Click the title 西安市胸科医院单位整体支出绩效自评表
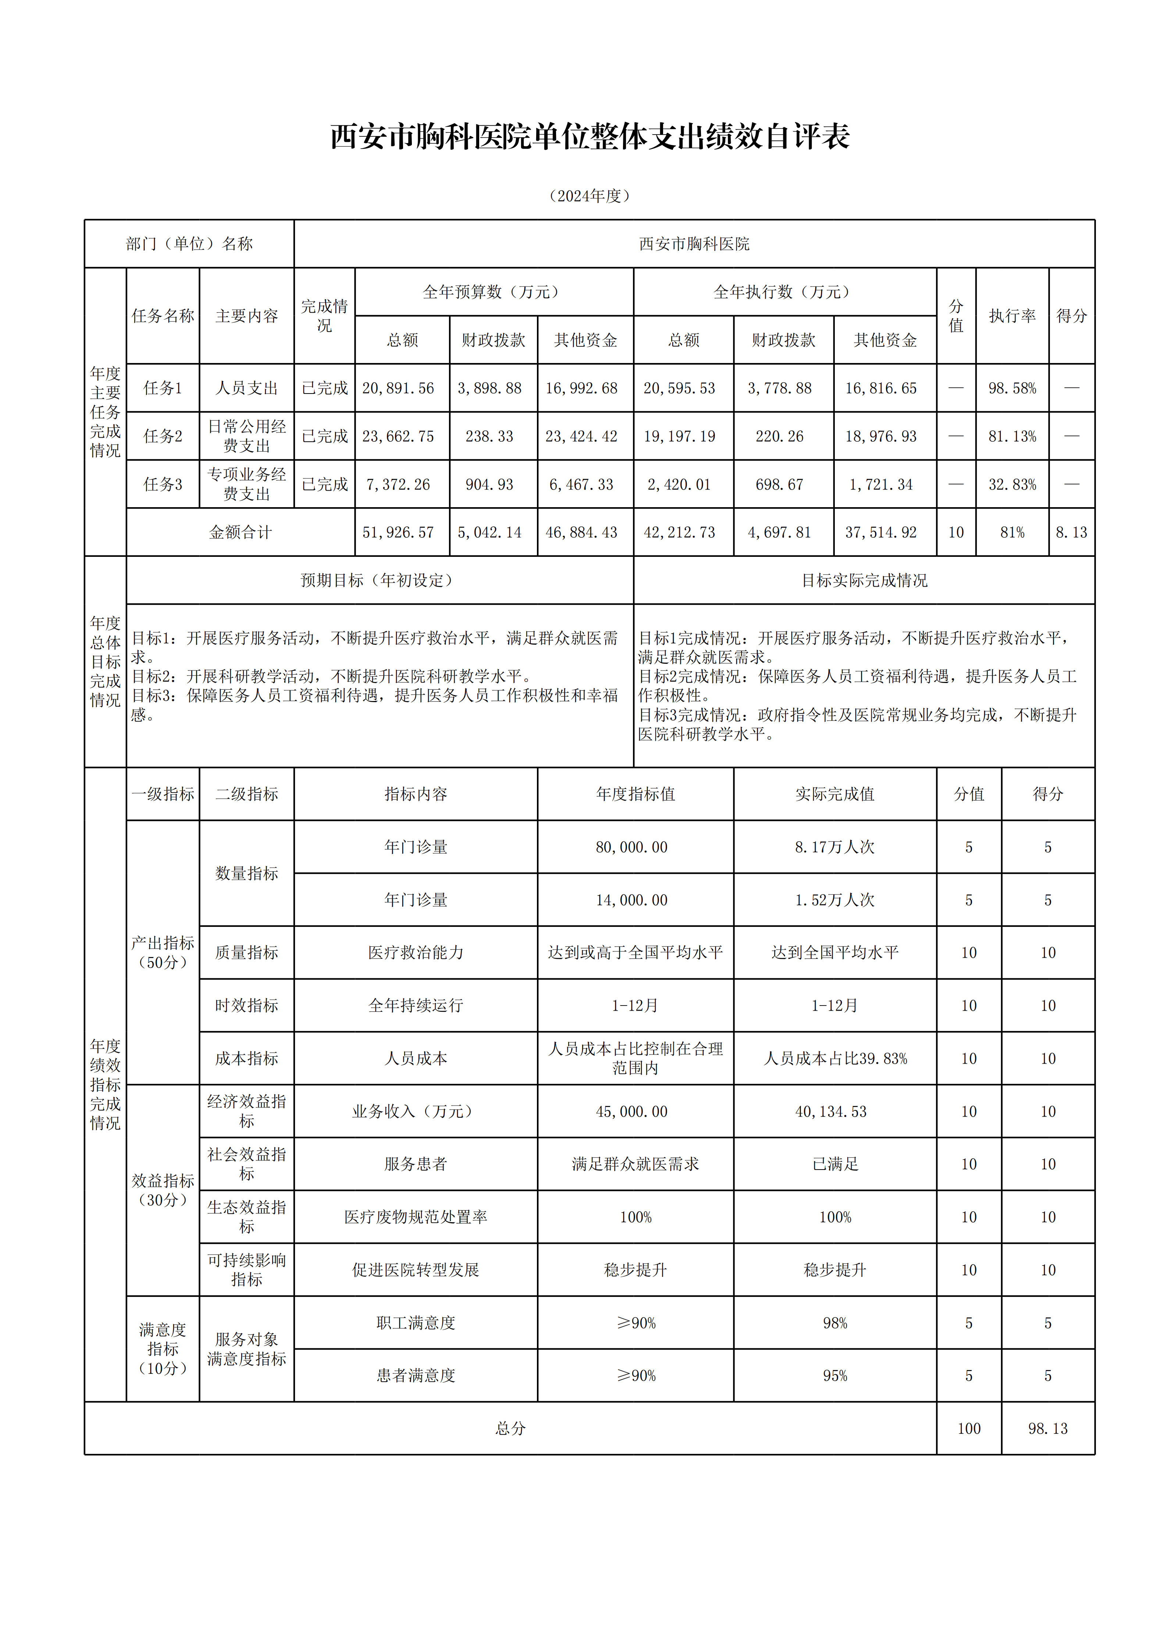pyautogui.click(x=590, y=136)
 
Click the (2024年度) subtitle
pyautogui.click(x=590, y=196)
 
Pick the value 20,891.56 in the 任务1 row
pyautogui.click(x=398, y=388)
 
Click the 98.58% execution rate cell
pyautogui.click(x=1012, y=388)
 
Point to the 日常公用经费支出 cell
pyautogui.click(x=247, y=436)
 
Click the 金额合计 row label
pyautogui.click(x=240, y=532)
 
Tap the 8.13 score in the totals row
pyautogui.click(x=1071, y=532)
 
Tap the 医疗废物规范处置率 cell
pyautogui.click(x=416, y=1217)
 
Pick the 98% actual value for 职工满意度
pyautogui.click(x=834, y=1323)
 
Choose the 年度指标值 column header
pyautogui.click(x=635, y=794)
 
